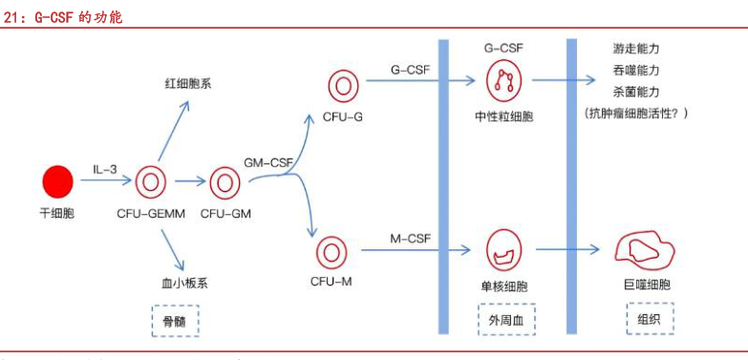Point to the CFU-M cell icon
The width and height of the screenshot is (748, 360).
pos(332,253)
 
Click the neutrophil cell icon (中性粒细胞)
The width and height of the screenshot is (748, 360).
pos(503,82)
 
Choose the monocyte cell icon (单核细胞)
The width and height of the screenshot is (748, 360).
pos(503,250)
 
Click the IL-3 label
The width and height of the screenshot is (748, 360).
pos(105,170)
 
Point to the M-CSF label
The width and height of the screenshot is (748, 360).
pos(411,237)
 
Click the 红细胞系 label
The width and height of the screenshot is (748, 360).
pos(188,83)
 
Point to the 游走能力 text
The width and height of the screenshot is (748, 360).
pos(637,48)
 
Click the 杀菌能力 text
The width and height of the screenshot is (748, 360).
pos(637,92)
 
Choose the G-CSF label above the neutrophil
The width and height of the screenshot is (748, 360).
pos(503,46)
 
